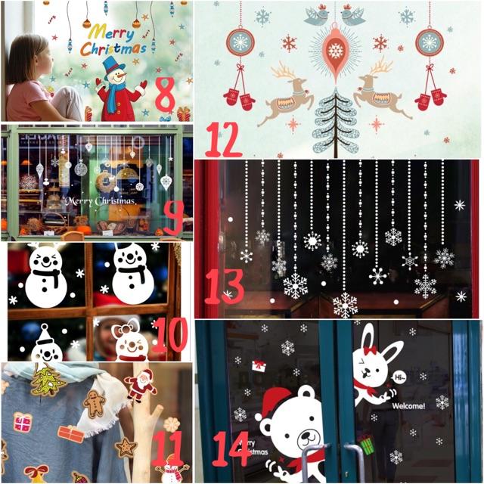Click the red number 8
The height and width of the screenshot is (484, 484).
(164, 94)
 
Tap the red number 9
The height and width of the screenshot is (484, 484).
(172, 217)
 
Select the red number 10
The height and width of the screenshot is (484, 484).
(169, 335)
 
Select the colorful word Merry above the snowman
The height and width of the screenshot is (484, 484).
(109, 32)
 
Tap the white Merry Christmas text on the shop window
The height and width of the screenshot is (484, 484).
(100, 202)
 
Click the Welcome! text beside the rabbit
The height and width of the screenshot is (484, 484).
(408, 405)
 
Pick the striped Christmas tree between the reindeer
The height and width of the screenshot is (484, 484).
(335, 121)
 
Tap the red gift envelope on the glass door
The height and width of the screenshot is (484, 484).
(259, 365)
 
